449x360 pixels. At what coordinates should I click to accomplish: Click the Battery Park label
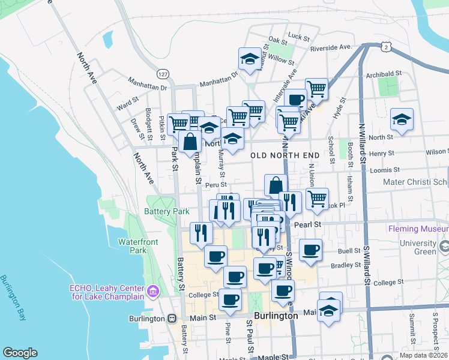pos(167,211)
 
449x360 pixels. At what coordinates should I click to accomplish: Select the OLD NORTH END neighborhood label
pos(285,155)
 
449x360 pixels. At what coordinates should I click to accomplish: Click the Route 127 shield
pos(163,73)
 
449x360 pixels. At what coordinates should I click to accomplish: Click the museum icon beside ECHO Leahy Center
pos(154,291)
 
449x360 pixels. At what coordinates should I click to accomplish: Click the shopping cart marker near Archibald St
pos(316,89)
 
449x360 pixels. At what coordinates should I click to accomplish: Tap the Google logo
pos(20,353)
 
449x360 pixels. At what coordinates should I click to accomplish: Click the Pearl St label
pos(309,224)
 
